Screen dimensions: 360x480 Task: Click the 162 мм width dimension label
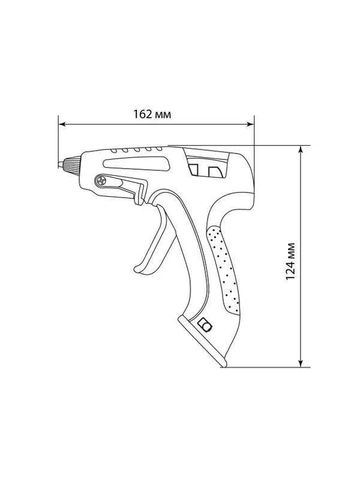[x=152, y=114]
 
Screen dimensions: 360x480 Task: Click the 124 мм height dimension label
[x=290, y=261]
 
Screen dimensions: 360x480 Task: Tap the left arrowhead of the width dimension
[x=62, y=124]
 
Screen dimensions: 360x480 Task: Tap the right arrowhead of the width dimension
[x=250, y=124]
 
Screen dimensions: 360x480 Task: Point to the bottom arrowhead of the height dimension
[x=301, y=363]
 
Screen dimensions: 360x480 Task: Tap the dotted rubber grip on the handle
[x=223, y=269]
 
